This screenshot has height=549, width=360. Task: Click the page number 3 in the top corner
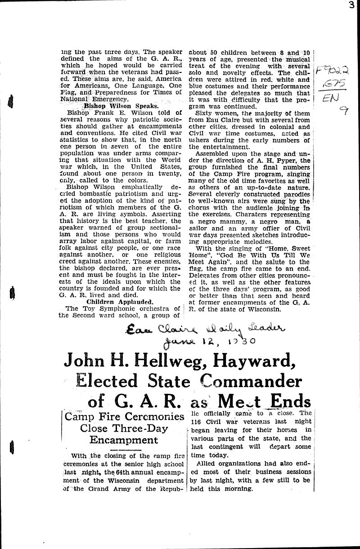point(355,5)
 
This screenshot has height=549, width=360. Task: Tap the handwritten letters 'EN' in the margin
point(331,97)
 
